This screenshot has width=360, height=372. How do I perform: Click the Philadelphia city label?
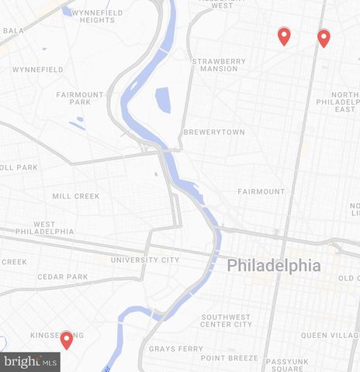click(274, 265)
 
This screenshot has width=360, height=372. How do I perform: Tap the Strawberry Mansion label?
click(220, 64)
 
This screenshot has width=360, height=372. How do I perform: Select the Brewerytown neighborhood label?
click(213, 133)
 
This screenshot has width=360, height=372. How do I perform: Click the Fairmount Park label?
click(79, 98)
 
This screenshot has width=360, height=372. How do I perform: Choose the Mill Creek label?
click(76, 196)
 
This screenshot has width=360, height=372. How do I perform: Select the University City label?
click(145, 260)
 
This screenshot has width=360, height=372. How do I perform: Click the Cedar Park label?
click(63, 277)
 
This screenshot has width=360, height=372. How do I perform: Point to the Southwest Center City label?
click(227, 320)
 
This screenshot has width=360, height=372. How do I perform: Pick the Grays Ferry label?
click(171, 349)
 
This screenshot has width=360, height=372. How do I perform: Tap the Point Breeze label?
click(228, 357)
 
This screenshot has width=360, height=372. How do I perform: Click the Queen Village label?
click(329, 335)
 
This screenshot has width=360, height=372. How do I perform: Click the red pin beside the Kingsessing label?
click(67, 339)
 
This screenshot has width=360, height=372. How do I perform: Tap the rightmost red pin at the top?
click(324, 38)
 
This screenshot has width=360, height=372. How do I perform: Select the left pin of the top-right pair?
click(284, 36)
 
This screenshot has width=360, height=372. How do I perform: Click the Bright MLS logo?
click(30, 361)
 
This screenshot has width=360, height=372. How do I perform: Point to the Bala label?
click(12, 31)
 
